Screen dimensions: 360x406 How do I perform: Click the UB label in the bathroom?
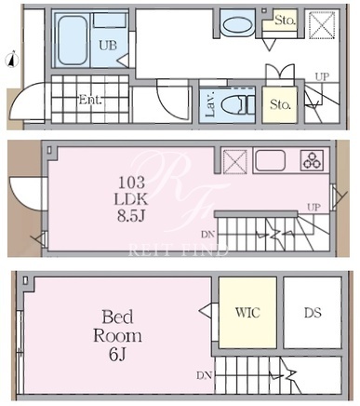(108, 46)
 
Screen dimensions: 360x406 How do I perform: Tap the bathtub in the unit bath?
(72, 40)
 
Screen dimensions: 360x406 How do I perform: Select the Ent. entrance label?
(90, 100)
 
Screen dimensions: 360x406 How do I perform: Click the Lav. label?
(210, 104)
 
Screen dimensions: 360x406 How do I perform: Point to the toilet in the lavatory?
(238, 104)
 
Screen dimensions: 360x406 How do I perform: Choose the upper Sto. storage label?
(285, 20)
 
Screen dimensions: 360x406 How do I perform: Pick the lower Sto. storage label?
(280, 104)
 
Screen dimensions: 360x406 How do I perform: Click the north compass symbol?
(13, 60)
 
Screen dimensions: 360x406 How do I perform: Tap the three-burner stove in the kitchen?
(312, 160)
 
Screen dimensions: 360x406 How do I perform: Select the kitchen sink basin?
(271, 160)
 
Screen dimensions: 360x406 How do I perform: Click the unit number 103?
(131, 183)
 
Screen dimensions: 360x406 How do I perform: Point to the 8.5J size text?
(131, 216)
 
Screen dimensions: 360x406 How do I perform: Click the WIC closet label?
(247, 312)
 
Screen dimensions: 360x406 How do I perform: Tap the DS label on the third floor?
(313, 313)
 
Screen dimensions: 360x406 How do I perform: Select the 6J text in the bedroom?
(117, 355)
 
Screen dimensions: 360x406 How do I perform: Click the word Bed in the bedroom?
(117, 317)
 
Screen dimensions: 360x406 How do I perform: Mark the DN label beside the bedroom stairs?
(204, 375)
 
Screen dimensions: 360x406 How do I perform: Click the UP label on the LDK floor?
(313, 207)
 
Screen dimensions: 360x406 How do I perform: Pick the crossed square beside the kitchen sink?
(235, 161)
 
